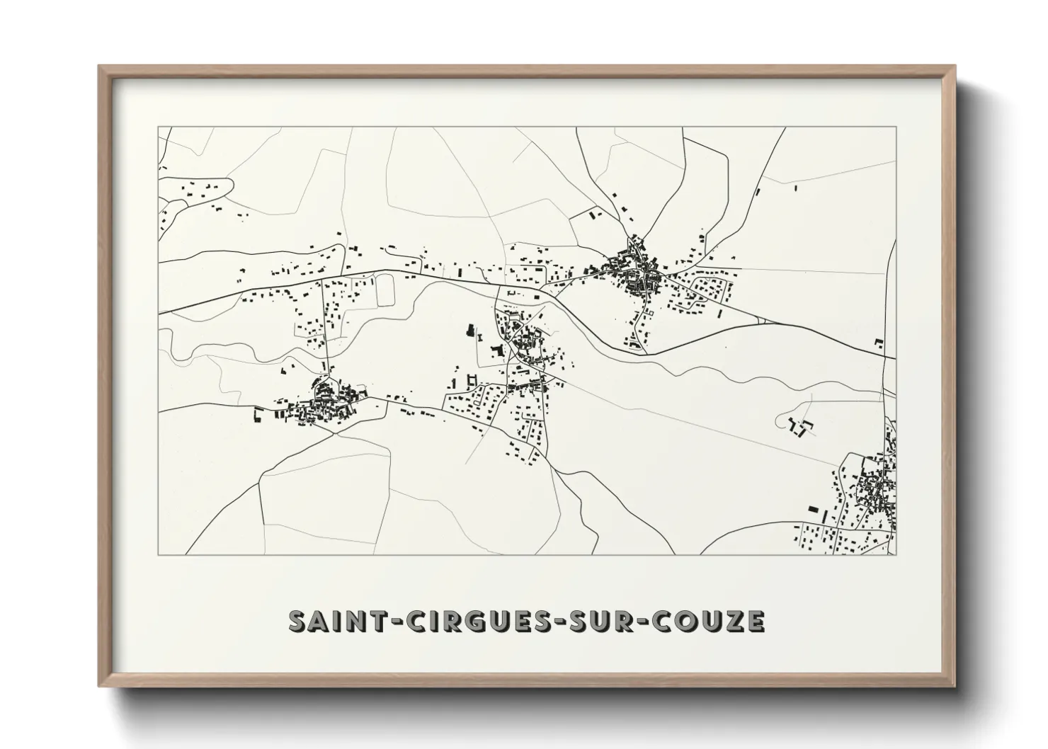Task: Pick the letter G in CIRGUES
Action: click(471, 621)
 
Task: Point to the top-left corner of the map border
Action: click(157, 127)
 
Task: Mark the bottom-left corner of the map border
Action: click(157, 554)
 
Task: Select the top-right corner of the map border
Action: click(896, 127)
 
